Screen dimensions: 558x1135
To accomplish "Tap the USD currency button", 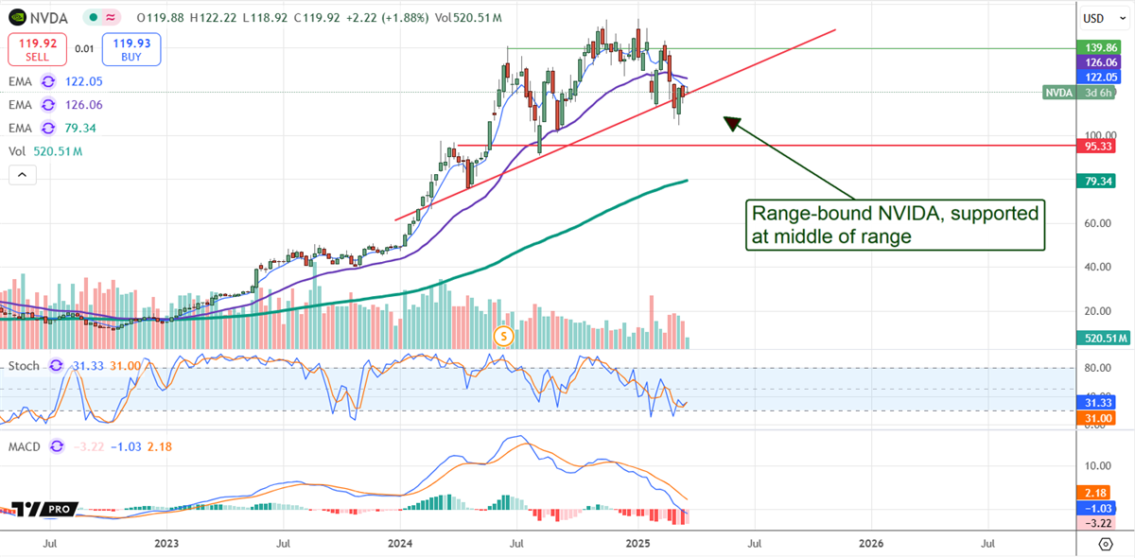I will (x=1094, y=18).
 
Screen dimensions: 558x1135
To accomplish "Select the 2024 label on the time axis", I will (x=400, y=544).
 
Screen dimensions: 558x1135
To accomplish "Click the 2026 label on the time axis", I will (x=870, y=544).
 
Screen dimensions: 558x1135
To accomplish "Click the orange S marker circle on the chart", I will (x=504, y=335).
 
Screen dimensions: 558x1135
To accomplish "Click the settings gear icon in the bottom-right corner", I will (x=1106, y=544).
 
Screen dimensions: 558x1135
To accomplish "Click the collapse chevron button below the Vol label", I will (x=22, y=175).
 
